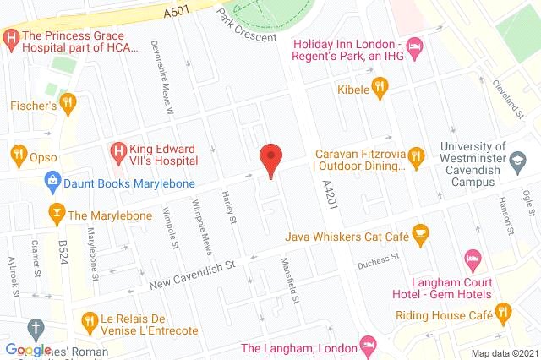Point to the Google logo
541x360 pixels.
point(27,350)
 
